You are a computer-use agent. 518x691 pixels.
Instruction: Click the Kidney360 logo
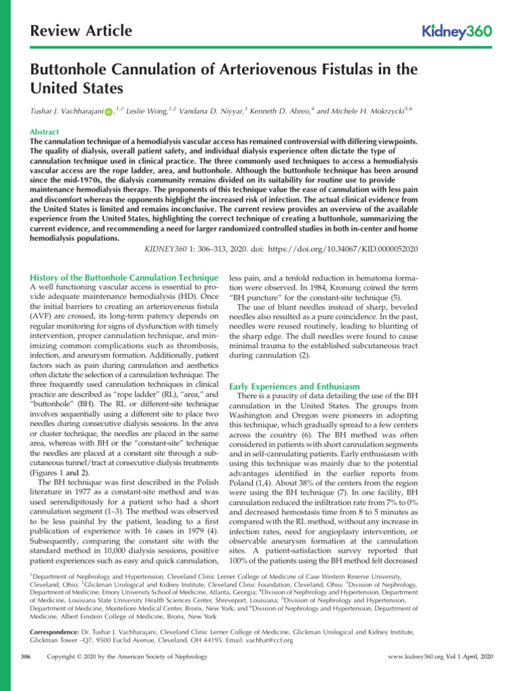pos(457,31)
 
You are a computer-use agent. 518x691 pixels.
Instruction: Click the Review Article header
pos(82,31)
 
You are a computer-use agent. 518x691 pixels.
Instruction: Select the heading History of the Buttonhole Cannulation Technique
pos(125,277)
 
